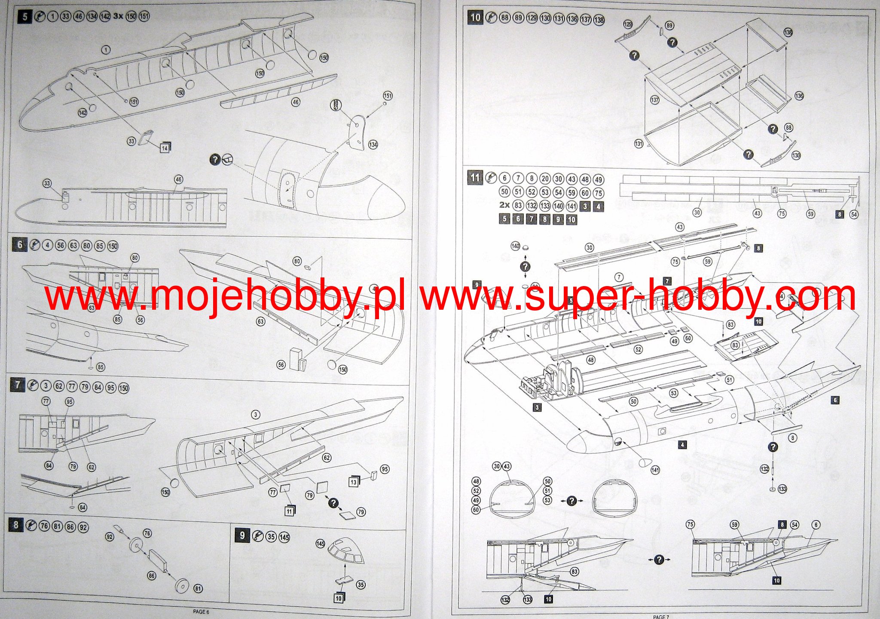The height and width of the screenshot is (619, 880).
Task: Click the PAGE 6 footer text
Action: (x=201, y=612)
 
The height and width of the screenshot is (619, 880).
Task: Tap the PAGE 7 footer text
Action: (x=660, y=616)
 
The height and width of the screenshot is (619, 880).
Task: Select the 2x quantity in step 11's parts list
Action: (x=504, y=205)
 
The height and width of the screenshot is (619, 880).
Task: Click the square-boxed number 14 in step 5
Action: (x=165, y=148)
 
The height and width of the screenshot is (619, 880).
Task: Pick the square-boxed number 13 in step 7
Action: (x=354, y=482)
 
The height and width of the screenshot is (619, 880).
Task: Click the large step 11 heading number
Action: (x=475, y=178)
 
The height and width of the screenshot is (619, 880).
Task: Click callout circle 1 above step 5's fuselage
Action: (x=106, y=50)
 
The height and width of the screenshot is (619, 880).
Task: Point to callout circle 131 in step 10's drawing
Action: (x=639, y=143)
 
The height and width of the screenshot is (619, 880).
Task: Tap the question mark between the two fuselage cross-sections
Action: (x=571, y=501)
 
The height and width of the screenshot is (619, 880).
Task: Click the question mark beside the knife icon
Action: (x=215, y=160)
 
